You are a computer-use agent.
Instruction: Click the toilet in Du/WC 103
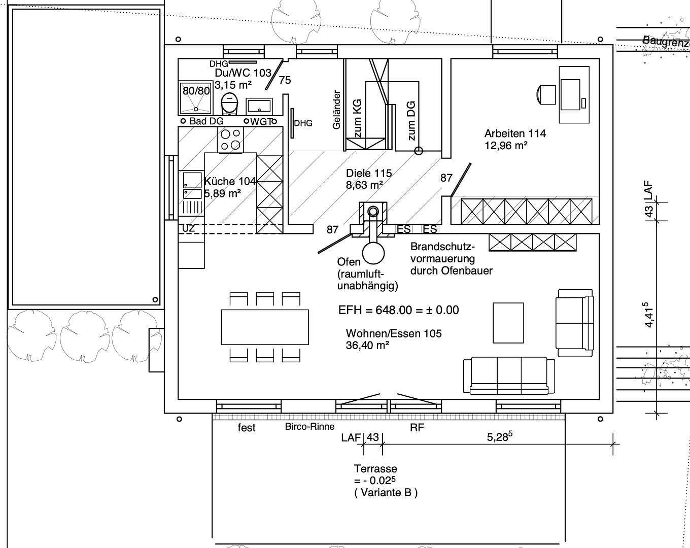pos(230,104)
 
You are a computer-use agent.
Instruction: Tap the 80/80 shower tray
pos(196,98)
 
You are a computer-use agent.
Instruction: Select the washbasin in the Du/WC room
pos(259,106)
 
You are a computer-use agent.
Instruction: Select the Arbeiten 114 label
pos(514,133)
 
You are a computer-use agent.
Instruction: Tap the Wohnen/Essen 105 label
pos(394,333)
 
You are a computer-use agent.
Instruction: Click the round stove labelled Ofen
pos(373,252)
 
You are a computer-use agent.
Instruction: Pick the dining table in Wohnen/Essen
pos(265,327)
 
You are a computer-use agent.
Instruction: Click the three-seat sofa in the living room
pos(509,375)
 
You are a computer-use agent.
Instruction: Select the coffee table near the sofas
pos(508,323)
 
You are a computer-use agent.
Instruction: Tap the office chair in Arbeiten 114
pos(546,94)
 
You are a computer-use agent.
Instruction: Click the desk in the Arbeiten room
pos(574,94)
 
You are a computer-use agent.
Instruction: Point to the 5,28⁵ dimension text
pos(497,437)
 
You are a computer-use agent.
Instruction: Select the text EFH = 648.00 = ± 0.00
pos(398,310)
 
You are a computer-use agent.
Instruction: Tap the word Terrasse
pos(375,469)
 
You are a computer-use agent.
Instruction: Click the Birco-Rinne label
pos(309,427)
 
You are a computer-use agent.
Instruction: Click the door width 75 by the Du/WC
pos(285,80)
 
